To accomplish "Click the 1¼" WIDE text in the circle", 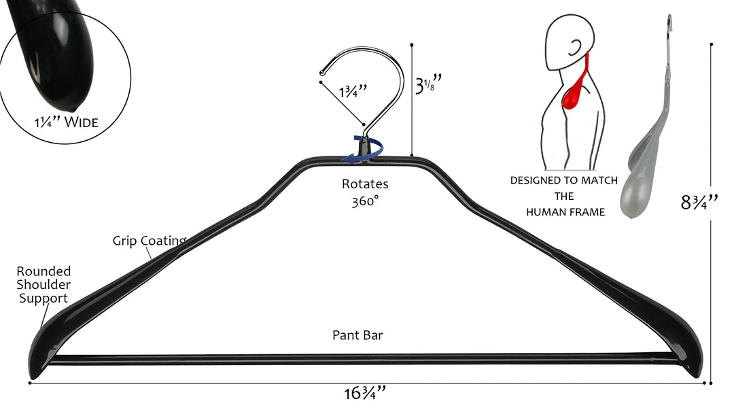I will point(66,123).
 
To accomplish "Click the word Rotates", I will point(365,184).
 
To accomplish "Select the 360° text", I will point(365,202).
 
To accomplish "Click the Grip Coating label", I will point(149,241).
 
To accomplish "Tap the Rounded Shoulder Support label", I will point(43,285).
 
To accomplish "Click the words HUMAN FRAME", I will point(565,213).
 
